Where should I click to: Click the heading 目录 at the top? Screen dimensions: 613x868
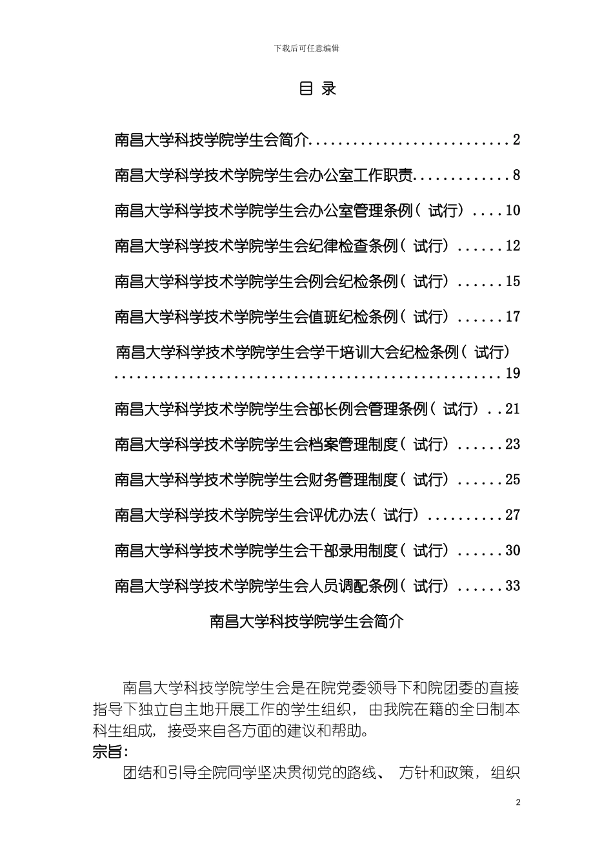(317, 88)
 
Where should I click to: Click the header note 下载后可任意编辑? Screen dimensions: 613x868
(306, 48)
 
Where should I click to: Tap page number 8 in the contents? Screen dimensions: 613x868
(516, 175)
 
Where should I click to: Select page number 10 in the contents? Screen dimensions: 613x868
(513, 211)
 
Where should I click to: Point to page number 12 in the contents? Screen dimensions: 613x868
(513, 246)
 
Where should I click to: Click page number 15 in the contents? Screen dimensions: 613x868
(513, 282)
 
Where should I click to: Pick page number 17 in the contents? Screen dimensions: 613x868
(513, 317)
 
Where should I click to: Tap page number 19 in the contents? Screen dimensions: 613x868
(513, 373)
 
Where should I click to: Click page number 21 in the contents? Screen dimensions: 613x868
(513, 409)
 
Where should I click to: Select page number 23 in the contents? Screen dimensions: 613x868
(513, 444)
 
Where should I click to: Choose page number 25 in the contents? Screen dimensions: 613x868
(513, 480)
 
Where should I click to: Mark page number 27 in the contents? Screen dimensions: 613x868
(513, 515)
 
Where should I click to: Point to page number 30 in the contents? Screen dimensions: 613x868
(513, 551)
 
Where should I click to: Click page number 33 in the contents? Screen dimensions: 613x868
(513, 586)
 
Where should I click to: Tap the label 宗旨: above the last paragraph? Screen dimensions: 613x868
(110, 752)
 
